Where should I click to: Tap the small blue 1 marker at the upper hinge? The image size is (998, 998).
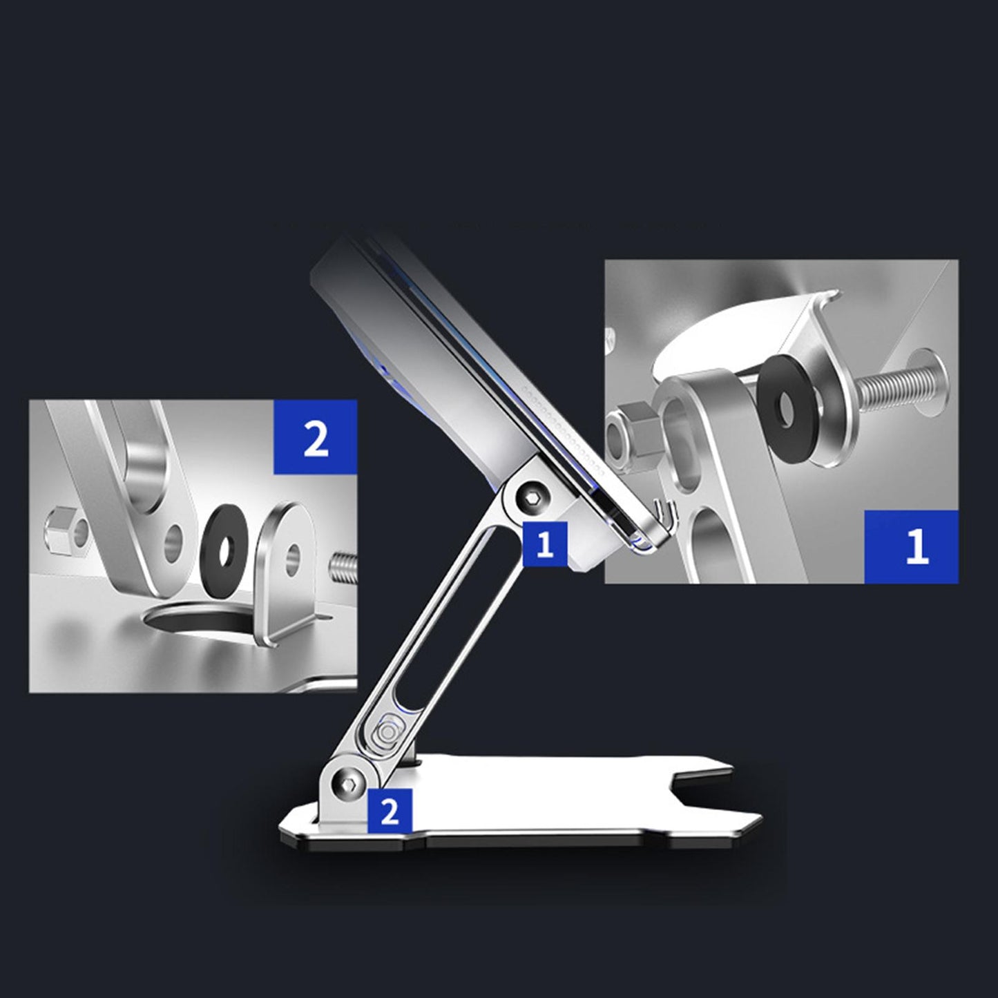pos(546,544)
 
